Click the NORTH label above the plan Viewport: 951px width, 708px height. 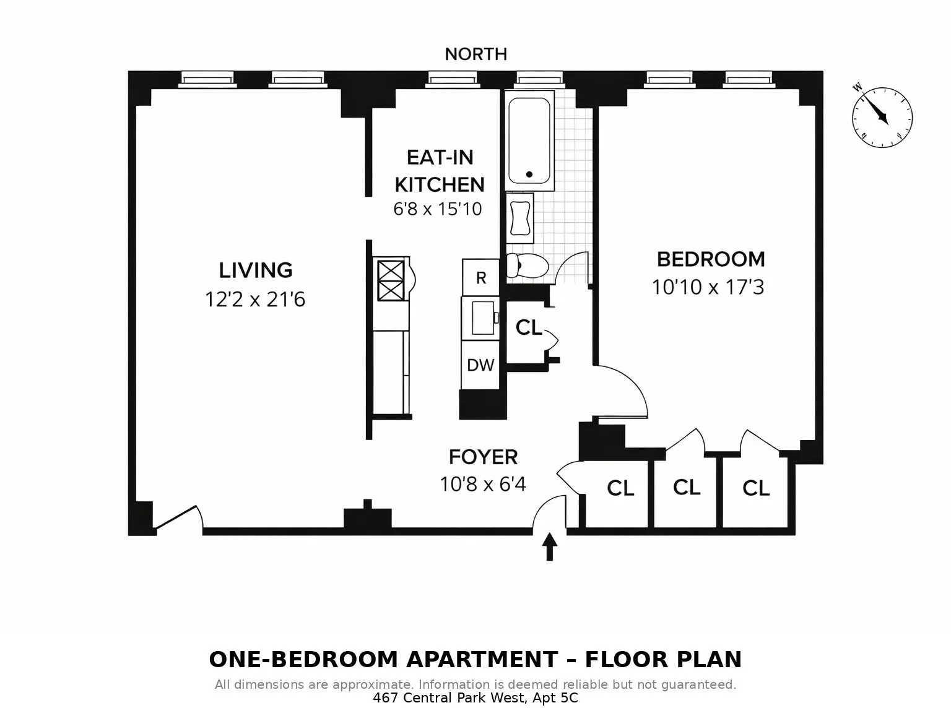point(475,54)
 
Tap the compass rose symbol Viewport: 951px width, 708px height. point(882,117)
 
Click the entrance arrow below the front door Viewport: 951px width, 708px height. point(549,547)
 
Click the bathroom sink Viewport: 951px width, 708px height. point(520,217)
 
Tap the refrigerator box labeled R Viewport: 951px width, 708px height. point(480,278)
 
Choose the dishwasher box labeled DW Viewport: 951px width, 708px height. point(480,365)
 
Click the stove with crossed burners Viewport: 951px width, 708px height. point(391,280)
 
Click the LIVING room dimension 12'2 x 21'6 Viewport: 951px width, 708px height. point(255,300)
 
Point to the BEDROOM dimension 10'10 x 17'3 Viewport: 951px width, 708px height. point(708,288)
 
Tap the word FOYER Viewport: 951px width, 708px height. point(483,457)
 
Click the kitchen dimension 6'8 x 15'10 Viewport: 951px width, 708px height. point(437,209)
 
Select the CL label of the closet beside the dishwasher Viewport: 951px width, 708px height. point(528,327)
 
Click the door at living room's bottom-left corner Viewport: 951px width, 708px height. point(178,519)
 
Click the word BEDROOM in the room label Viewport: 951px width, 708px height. point(710,259)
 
